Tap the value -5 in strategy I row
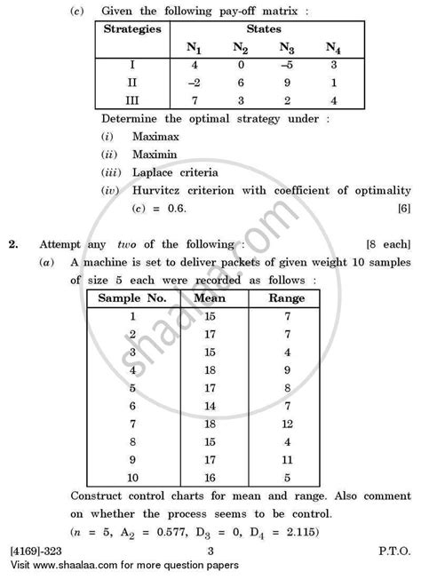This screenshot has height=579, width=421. [286, 66]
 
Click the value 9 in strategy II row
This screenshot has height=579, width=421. [286, 83]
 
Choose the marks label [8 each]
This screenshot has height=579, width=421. [388, 242]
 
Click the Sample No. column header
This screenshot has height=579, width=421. [132, 297]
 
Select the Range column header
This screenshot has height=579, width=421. [286, 297]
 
